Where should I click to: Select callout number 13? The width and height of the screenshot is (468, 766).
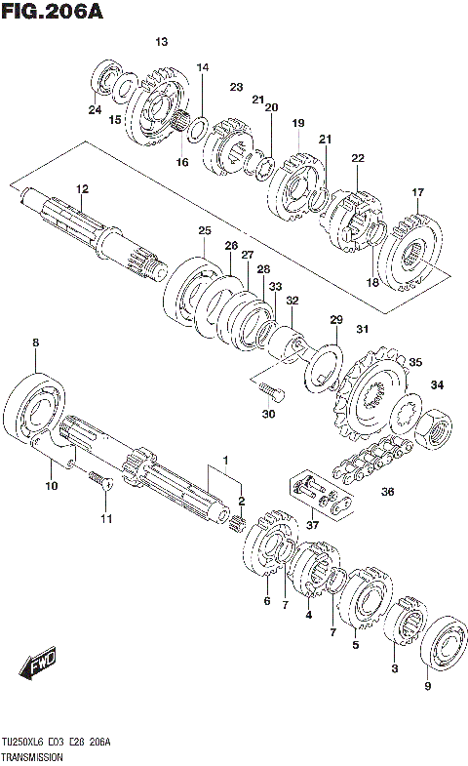[161, 41]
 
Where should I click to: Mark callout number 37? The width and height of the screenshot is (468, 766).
[311, 527]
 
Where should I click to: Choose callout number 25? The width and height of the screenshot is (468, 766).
[204, 230]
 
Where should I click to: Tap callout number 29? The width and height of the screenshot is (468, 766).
[335, 320]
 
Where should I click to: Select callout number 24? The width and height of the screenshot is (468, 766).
[95, 110]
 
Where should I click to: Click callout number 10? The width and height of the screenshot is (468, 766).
[50, 485]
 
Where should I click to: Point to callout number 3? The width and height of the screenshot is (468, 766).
[394, 668]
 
